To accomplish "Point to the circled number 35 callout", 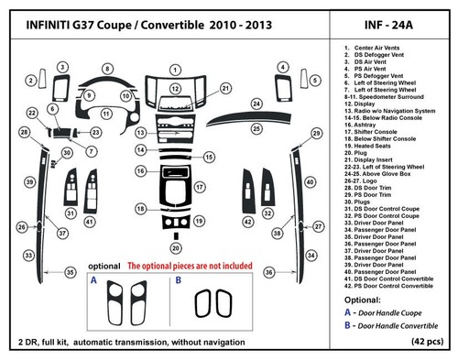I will pos(69,272).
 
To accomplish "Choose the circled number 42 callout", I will pos(246,223).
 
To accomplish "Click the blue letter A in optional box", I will pos(94,283).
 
